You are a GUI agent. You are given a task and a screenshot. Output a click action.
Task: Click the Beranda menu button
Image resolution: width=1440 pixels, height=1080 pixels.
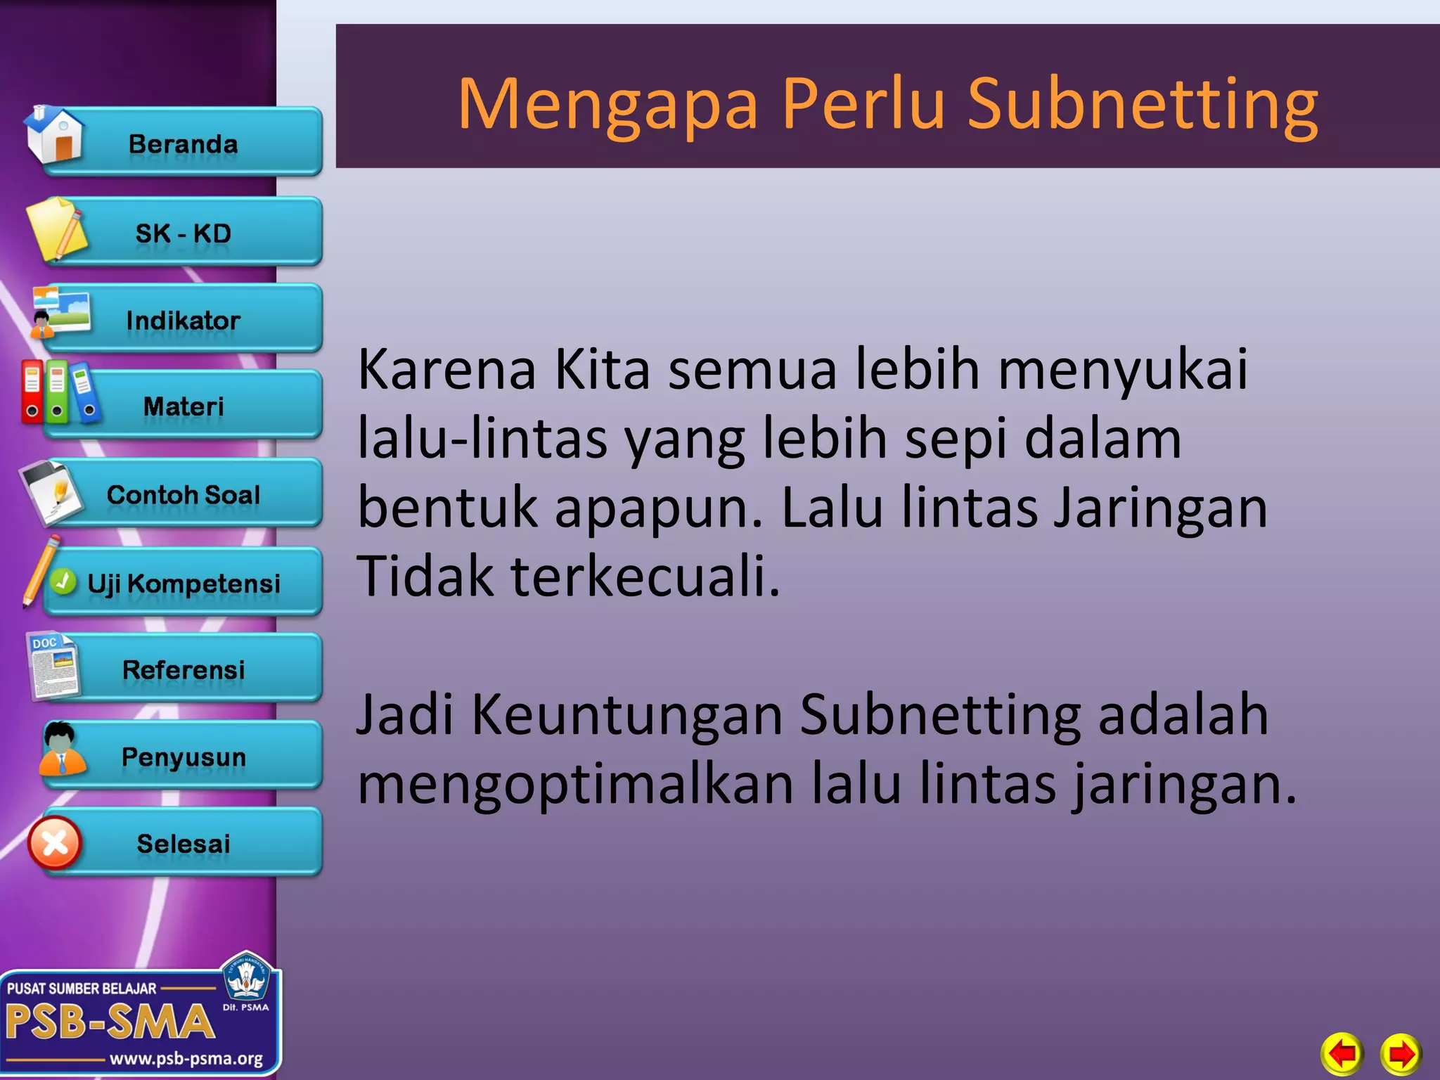click(183, 143)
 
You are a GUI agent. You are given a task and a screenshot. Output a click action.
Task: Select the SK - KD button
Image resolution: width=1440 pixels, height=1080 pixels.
click(183, 233)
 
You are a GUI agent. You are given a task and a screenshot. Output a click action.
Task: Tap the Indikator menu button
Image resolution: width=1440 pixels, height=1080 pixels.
click(183, 320)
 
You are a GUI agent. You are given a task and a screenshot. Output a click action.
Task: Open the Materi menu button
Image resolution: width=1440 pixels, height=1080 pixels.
click(183, 406)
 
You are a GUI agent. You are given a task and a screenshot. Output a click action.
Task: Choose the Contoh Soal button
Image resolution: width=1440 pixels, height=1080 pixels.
click(183, 494)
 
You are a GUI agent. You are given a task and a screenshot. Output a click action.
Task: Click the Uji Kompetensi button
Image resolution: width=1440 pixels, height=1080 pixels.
click(183, 583)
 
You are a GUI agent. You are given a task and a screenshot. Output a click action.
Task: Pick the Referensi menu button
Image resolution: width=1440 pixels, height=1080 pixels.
click(183, 669)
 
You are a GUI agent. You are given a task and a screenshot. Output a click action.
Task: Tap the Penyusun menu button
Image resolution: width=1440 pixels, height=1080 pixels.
click(183, 757)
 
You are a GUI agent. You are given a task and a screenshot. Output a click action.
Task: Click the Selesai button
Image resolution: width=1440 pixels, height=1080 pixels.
click(183, 843)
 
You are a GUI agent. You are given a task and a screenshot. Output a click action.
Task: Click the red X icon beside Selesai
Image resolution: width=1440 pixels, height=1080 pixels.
click(55, 843)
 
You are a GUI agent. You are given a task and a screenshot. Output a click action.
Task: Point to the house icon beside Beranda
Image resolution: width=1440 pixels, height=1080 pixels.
click(55, 134)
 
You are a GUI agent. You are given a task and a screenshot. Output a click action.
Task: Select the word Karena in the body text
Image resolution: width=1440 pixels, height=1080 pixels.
click(447, 369)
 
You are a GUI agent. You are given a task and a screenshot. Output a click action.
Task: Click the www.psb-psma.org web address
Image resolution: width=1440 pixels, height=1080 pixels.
click(186, 1058)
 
